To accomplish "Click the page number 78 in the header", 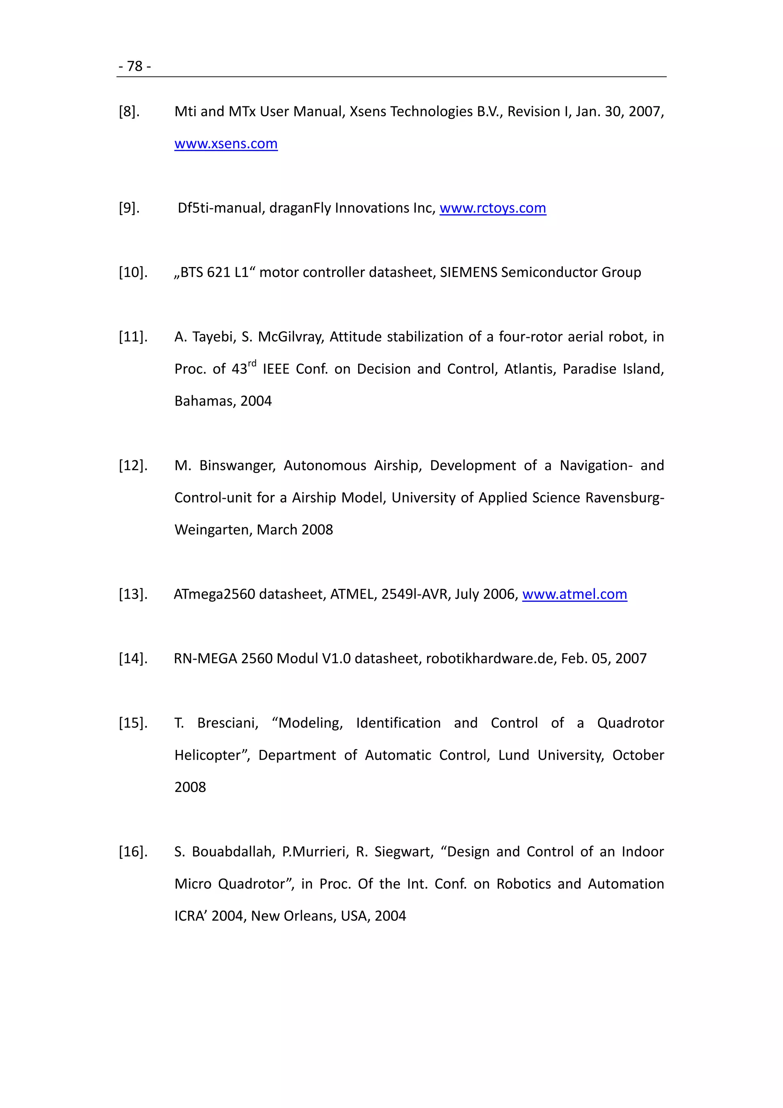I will tap(135, 66).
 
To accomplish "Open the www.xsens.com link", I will tap(226, 144).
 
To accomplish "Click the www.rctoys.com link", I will tap(493, 208).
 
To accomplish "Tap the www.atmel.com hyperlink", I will tap(574, 594).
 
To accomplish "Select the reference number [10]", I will tap(133, 272).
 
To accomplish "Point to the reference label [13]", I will tap(133, 594).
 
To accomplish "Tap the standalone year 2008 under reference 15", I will tap(190, 787).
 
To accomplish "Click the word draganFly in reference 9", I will tap(300, 208).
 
